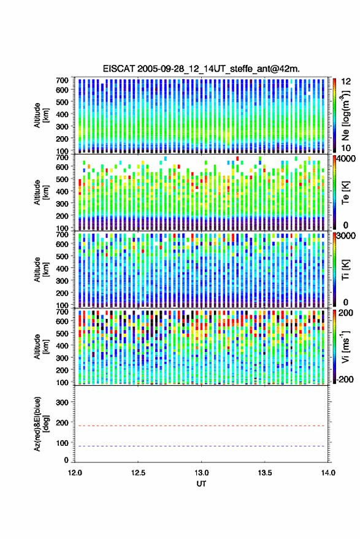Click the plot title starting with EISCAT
tap(201, 69)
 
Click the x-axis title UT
tap(201, 484)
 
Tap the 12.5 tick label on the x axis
tap(138, 473)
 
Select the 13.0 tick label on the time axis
tap(202, 473)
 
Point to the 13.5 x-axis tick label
tap(265, 473)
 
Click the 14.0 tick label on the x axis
tap(328, 473)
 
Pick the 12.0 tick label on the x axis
tap(75, 473)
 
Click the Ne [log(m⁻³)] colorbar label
tap(345, 115)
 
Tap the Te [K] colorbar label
tap(345, 193)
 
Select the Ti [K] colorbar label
tap(345, 270)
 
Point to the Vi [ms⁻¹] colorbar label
tap(345, 346)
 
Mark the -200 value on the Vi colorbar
tap(345, 379)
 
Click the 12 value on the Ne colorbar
tap(346, 82)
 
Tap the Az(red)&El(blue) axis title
tap(40, 424)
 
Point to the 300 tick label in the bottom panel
tap(62, 402)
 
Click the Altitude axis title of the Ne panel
tap(40, 115)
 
